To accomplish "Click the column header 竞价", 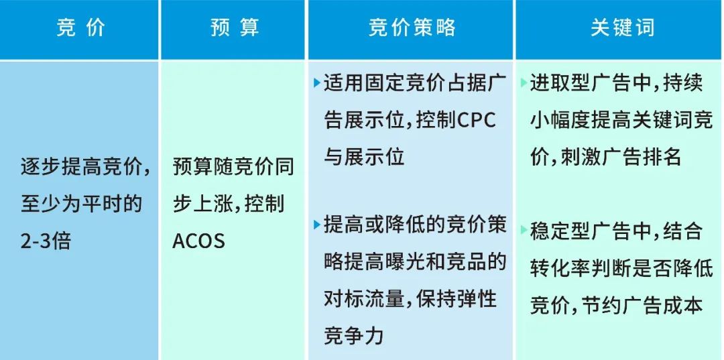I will click(80, 29).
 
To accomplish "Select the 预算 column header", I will click(234, 29).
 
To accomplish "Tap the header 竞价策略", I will click(412, 29).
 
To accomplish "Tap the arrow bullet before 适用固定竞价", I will click(316, 84).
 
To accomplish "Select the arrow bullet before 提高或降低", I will click(316, 225).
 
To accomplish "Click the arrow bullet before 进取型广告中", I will click(523, 84).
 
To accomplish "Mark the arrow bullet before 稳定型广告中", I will click(523, 231).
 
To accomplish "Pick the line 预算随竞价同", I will click(233, 166).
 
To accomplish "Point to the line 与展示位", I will click(365, 158).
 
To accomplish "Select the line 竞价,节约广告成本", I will click(617, 305).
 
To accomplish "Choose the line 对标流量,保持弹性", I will click(411, 298).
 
